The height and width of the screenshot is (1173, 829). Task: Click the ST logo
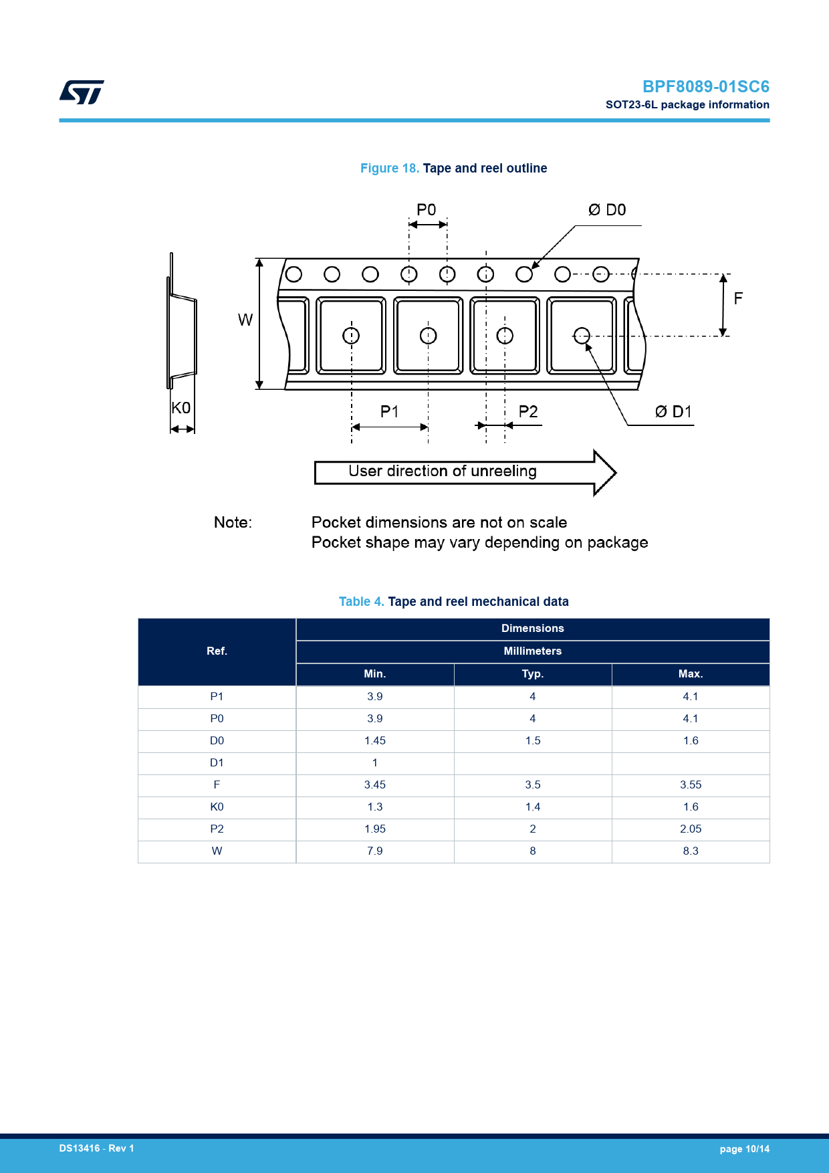click(82, 92)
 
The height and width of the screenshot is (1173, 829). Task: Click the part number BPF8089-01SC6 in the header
click(705, 87)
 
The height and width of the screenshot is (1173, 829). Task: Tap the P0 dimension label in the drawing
click(426, 210)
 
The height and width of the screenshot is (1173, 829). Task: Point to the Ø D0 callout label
click(607, 210)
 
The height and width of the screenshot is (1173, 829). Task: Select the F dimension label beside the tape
click(738, 298)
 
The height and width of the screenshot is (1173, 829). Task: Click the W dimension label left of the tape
click(245, 320)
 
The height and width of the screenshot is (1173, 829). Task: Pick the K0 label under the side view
click(181, 408)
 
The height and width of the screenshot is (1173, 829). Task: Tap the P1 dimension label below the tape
click(389, 411)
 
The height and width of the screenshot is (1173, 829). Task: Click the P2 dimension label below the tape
click(528, 411)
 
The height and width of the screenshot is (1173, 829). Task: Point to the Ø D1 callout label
click(673, 411)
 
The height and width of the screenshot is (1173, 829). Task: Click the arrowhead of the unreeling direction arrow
click(604, 472)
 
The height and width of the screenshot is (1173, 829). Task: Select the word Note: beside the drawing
click(233, 522)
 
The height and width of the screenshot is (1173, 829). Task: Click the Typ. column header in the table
click(533, 674)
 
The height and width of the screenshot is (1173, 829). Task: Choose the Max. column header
click(691, 674)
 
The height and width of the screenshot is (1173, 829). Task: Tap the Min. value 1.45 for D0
click(375, 741)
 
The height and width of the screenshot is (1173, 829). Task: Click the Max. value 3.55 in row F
click(691, 785)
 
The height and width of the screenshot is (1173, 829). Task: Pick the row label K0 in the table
click(217, 807)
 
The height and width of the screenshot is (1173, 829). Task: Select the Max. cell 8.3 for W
click(691, 851)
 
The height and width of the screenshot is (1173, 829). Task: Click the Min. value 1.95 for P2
click(375, 829)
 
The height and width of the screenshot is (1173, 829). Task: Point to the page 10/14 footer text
click(744, 1149)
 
